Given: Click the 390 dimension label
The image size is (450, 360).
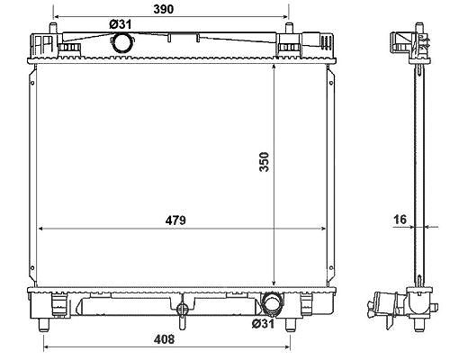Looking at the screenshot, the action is point(164,9).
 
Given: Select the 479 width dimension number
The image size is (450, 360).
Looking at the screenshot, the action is point(175,220).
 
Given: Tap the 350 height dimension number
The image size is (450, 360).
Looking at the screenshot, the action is point(265,162).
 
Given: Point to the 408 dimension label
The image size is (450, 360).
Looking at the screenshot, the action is point(164,339).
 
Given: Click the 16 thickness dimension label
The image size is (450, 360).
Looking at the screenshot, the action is point(400,220).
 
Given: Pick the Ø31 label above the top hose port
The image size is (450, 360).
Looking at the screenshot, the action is point(121,24).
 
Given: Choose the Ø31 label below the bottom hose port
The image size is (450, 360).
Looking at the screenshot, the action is point(263,324).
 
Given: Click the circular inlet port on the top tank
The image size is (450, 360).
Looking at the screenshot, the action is point(121,42).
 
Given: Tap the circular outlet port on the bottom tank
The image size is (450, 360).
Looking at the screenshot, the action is point(272,303).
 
